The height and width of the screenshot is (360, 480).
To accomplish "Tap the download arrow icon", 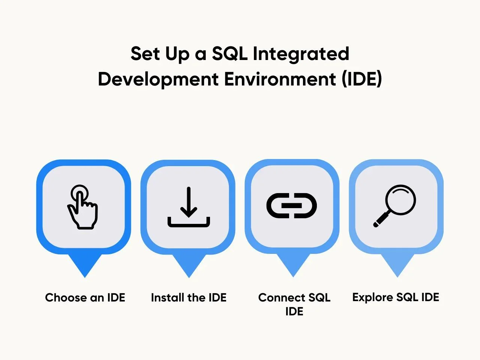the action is tap(189, 207).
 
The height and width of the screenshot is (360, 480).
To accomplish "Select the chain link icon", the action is tap(291, 205).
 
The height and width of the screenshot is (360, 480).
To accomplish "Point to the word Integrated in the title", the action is tap(301, 54).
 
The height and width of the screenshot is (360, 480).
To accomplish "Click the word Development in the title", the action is tap(158, 79).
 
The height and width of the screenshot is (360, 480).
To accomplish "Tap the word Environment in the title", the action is tap(280, 79).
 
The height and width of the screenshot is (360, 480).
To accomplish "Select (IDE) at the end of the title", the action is tap(362, 79).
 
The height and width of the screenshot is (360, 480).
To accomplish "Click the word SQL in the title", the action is tap(229, 54).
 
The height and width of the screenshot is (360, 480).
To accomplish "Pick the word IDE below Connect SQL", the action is tap(294, 312).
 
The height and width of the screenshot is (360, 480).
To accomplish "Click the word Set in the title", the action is tap(145, 54).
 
